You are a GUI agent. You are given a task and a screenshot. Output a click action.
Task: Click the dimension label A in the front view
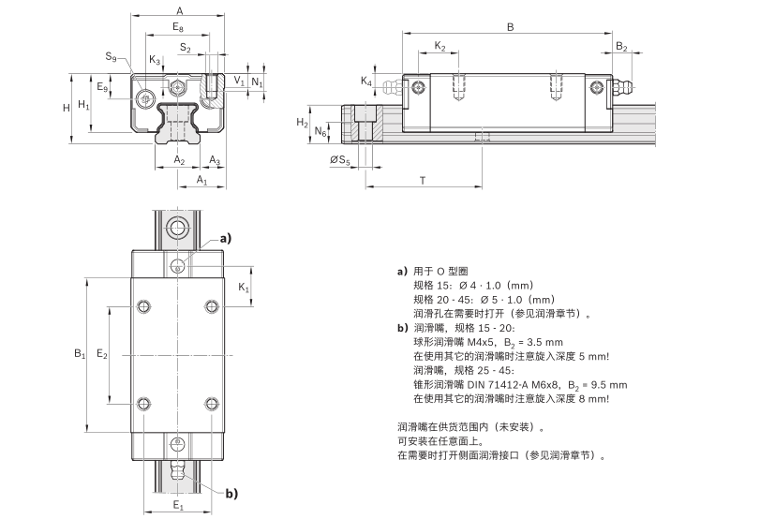(x=179, y=9)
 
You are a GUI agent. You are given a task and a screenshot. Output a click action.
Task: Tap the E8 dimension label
(x=179, y=29)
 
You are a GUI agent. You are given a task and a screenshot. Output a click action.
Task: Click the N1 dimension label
(x=257, y=82)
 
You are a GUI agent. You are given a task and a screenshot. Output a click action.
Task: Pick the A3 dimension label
(x=214, y=160)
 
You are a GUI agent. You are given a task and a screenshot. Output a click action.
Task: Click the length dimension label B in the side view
(x=510, y=27)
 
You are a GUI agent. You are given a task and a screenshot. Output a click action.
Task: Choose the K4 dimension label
(x=366, y=82)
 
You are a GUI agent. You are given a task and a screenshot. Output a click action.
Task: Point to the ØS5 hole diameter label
(x=341, y=161)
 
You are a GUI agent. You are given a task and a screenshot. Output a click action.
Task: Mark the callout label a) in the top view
(x=225, y=238)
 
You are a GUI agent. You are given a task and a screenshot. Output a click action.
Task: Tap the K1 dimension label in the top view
(x=244, y=288)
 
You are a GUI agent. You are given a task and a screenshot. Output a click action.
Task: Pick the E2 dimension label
(x=102, y=355)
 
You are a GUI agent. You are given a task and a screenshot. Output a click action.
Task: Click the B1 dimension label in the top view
(x=80, y=353)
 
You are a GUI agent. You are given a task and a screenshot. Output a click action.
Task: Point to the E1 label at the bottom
(x=178, y=506)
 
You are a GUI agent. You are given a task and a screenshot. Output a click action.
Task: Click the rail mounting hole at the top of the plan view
(x=178, y=229)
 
